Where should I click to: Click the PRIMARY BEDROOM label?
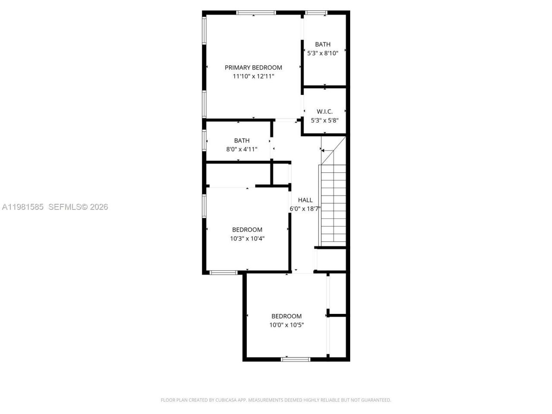[x=253, y=67]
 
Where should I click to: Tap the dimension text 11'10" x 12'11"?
[x=253, y=76]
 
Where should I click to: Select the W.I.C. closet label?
[x=324, y=111]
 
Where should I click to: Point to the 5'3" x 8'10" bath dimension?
[x=323, y=53]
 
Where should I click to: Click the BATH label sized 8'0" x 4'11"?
[x=241, y=140]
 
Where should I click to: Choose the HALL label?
[x=305, y=200]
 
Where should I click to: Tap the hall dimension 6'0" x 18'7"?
[x=305, y=209]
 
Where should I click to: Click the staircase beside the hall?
[x=333, y=203]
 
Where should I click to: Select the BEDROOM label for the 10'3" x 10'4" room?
[x=247, y=229]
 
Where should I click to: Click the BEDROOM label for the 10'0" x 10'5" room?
[x=286, y=316]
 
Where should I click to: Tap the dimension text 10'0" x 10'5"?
[x=286, y=325]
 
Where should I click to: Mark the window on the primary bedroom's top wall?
[x=256, y=13]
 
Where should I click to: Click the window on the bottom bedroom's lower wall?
[x=295, y=359]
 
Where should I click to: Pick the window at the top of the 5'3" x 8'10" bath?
[x=317, y=13]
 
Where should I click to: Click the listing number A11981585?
[x=23, y=207]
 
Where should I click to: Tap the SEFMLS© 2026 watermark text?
[x=78, y=207]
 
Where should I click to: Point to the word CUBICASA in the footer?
[x=227, y=400]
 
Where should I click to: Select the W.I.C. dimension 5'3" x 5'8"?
[x=324, y=120]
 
